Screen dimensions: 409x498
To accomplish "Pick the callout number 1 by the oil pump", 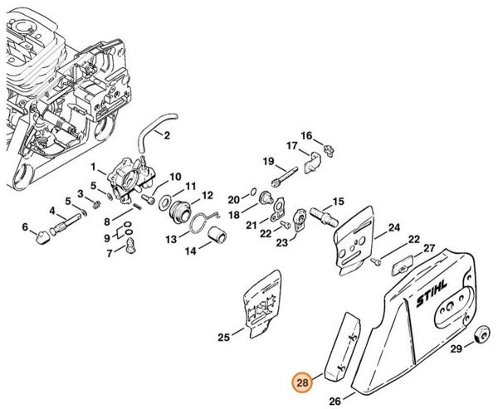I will click(x=93, y=167).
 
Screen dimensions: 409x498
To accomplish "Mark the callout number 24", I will click(x=393, y=227).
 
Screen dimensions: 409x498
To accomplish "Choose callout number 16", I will click(x=305, y=136).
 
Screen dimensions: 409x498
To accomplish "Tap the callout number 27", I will click(x=429, y=248).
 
